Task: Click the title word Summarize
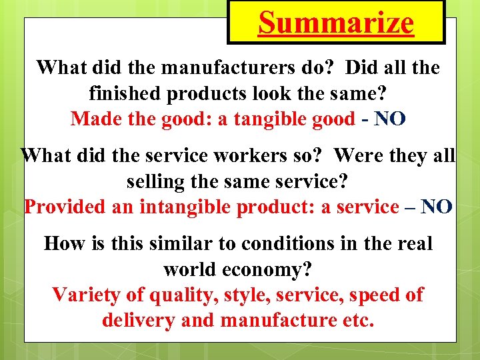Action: click(336, 23)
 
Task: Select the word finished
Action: click(127, 93)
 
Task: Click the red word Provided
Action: click(65, 207)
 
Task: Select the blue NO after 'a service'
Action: click(437, 207)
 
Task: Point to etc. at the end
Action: click(359, 321)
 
